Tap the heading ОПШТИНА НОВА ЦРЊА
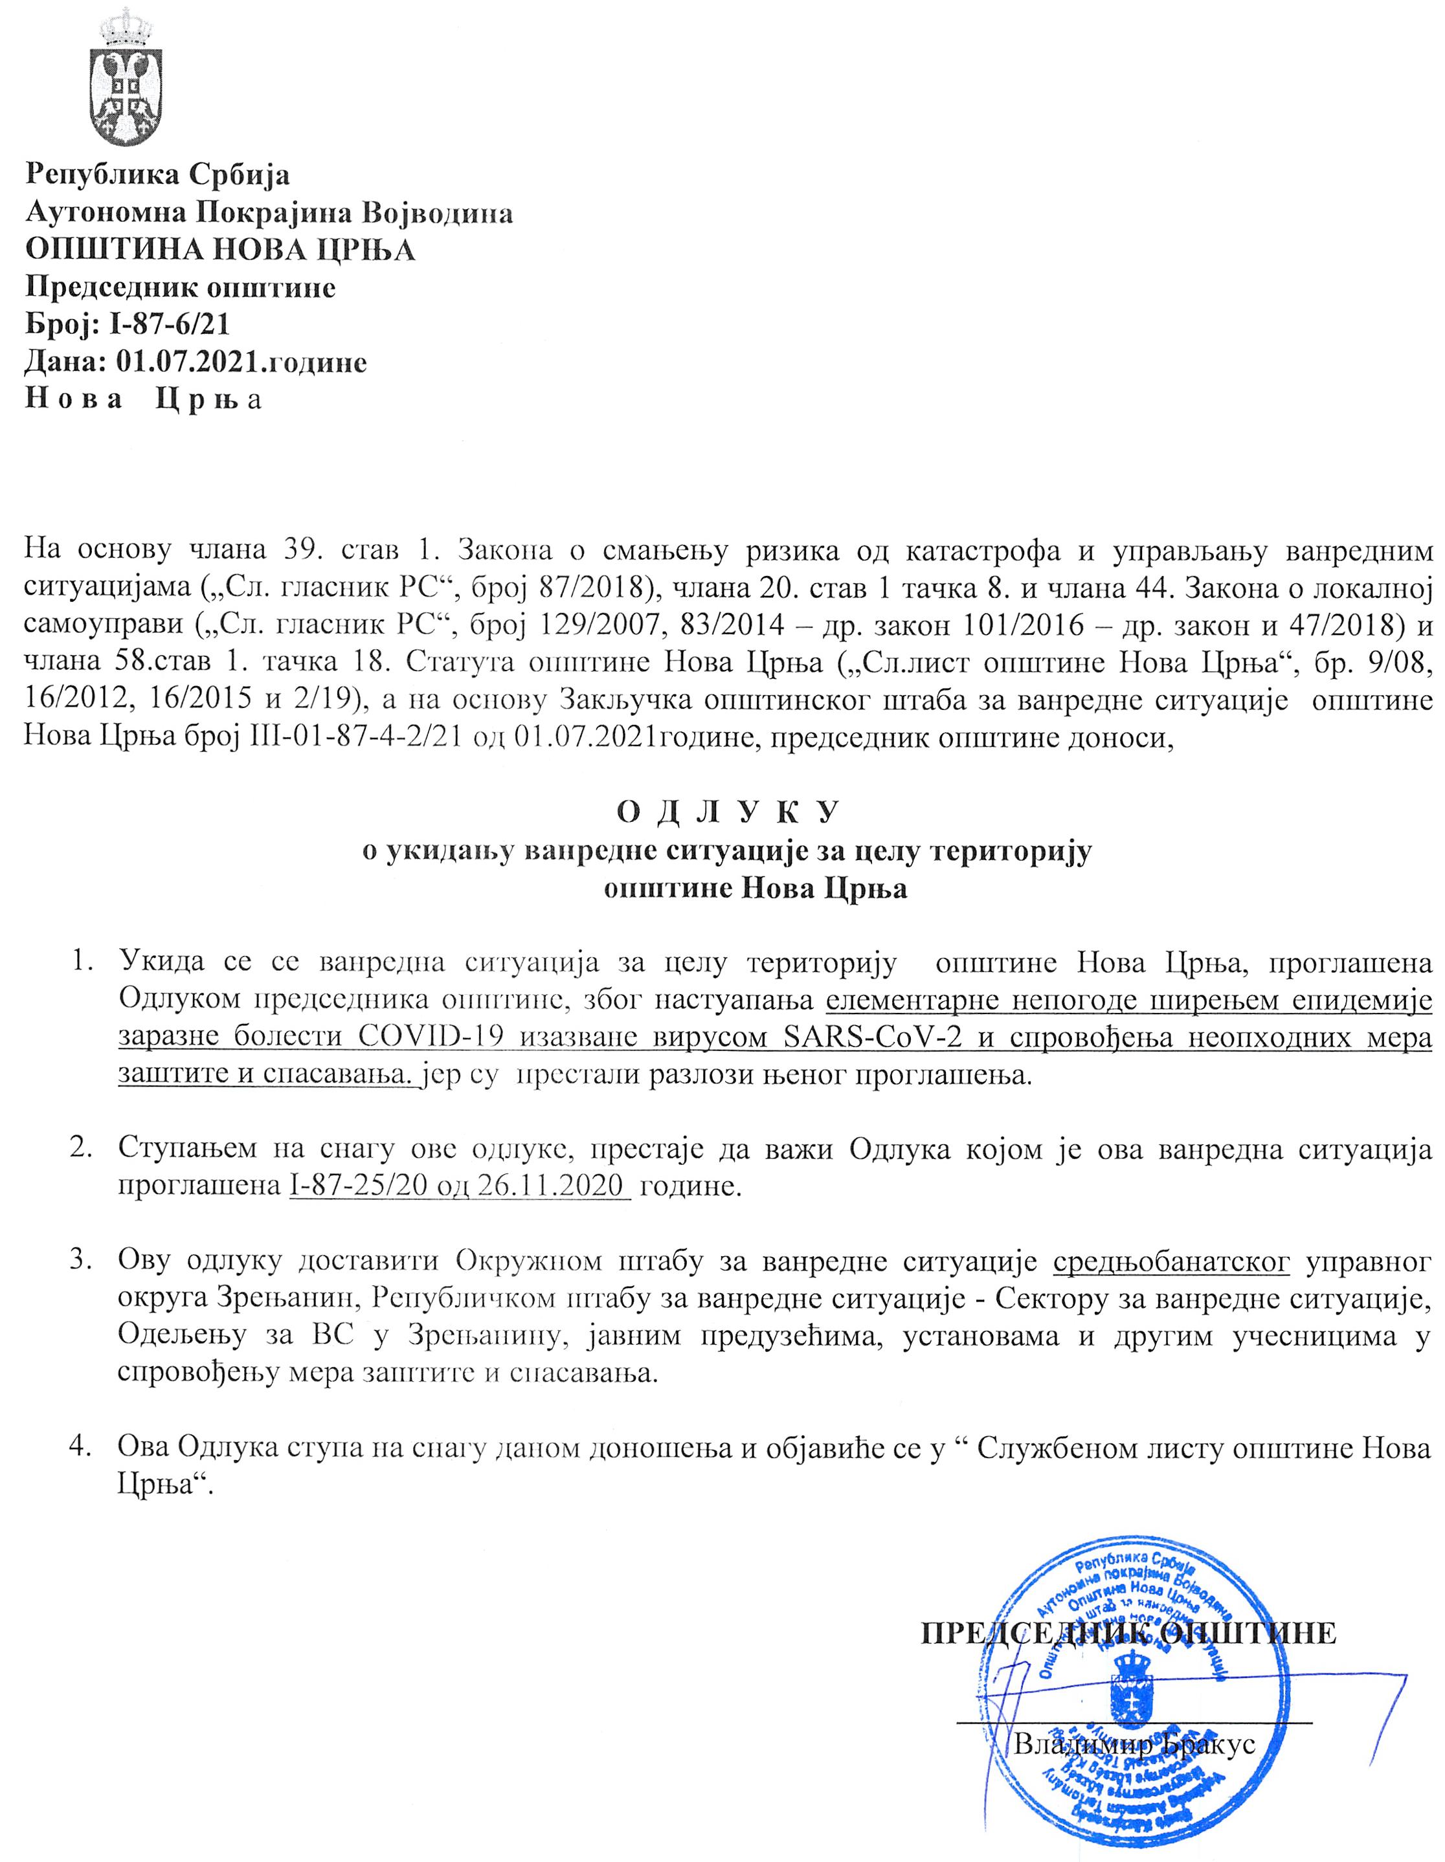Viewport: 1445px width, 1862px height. click(x=219, y=250)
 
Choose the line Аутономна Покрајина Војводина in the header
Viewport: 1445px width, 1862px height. click(x=269, y=212)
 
